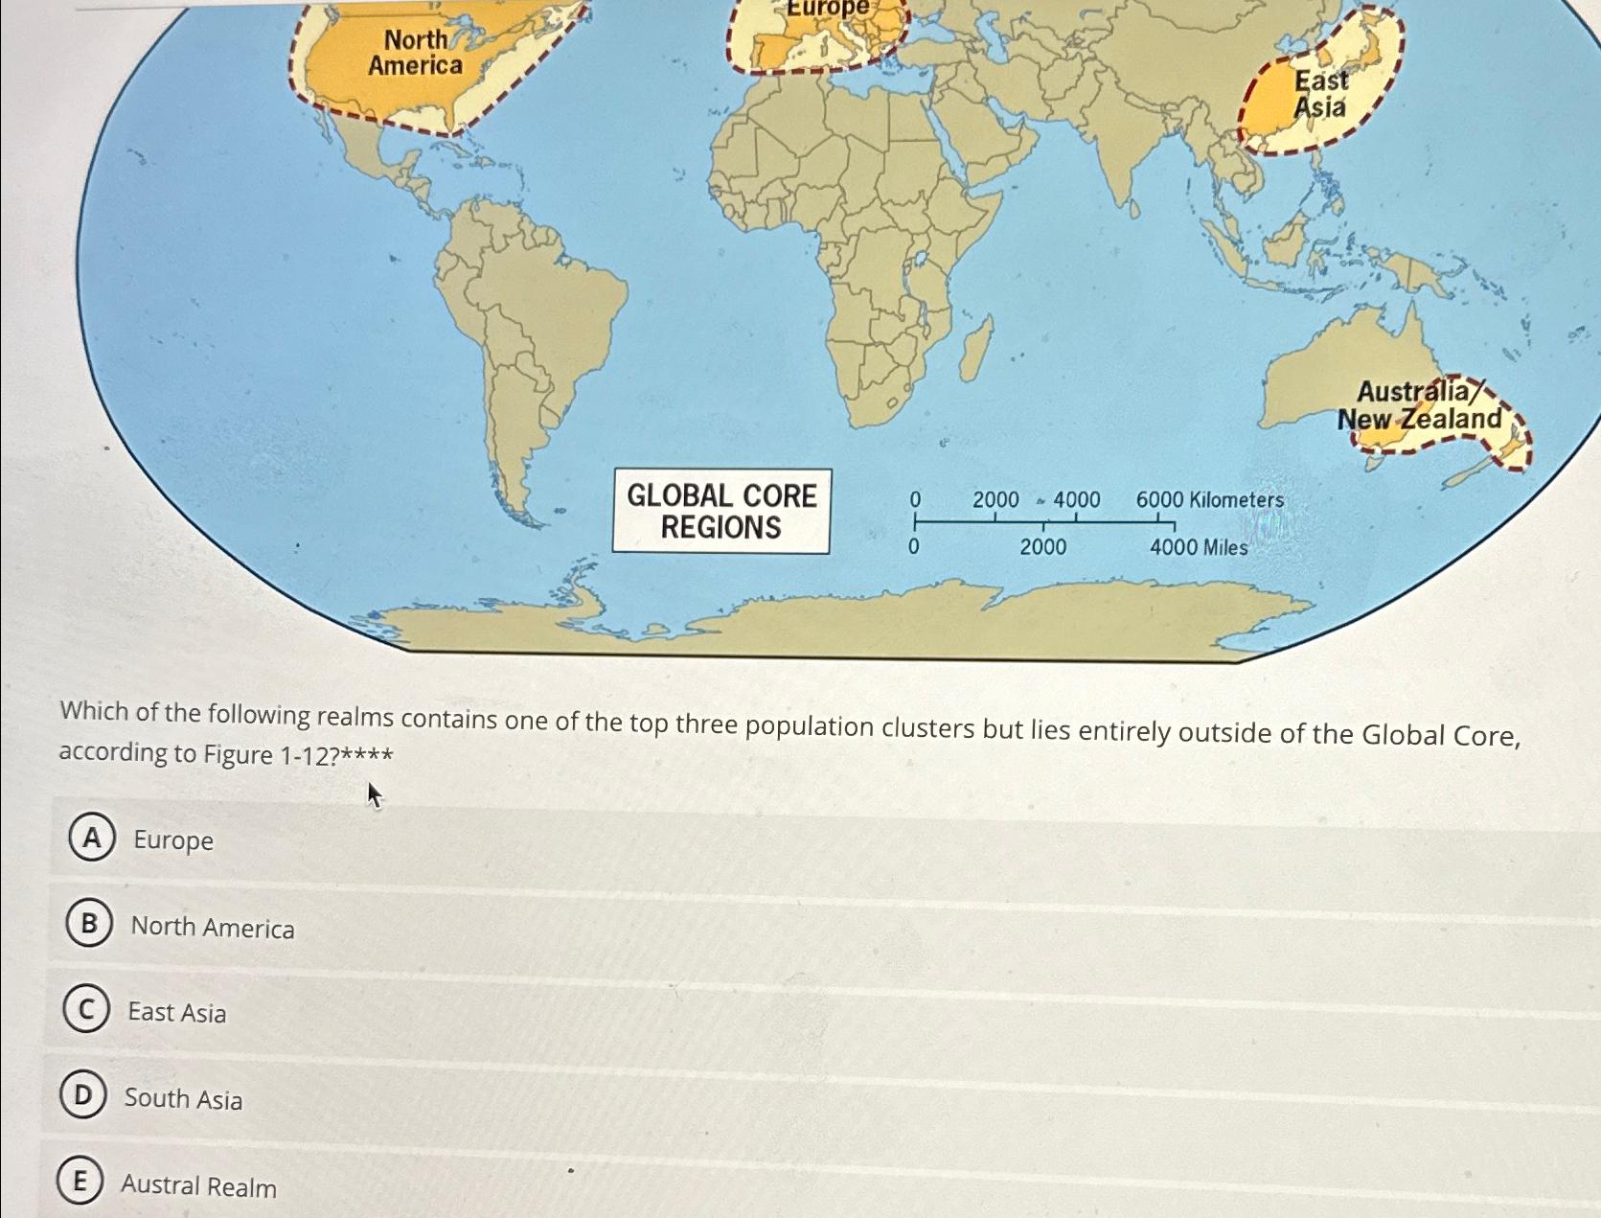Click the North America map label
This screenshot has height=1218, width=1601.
416,53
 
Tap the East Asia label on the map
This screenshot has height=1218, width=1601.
1320,94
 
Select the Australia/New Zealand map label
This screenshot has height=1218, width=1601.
1420,405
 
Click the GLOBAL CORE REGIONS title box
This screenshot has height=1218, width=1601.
721,511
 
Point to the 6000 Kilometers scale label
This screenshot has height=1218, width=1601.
1209,499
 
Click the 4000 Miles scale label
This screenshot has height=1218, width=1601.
1199,547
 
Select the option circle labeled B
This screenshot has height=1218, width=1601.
89,923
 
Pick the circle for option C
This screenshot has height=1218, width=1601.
85,1009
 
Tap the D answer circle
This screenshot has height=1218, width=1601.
82,1095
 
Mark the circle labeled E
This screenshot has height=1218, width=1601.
80,1181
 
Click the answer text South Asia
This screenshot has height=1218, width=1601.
183,1098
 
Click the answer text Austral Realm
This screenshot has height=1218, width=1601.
198,1185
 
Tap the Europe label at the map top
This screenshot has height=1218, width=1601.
827,8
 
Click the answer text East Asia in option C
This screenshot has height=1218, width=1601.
177,1012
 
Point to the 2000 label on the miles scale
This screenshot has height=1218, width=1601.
1042,547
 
